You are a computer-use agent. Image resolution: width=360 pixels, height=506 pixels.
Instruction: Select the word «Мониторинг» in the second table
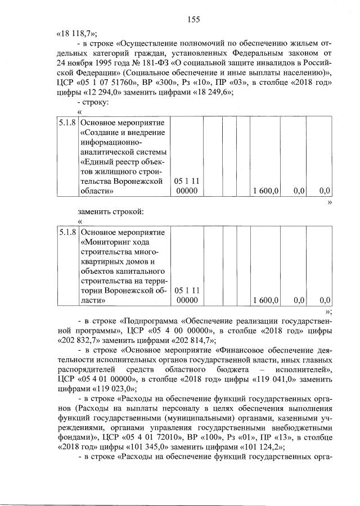(x=110, y=242)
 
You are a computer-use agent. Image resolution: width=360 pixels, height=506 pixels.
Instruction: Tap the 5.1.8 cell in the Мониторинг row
(x=67, y=232)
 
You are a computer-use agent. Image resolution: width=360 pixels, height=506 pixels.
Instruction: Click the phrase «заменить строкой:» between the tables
(x=111, y=211)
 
